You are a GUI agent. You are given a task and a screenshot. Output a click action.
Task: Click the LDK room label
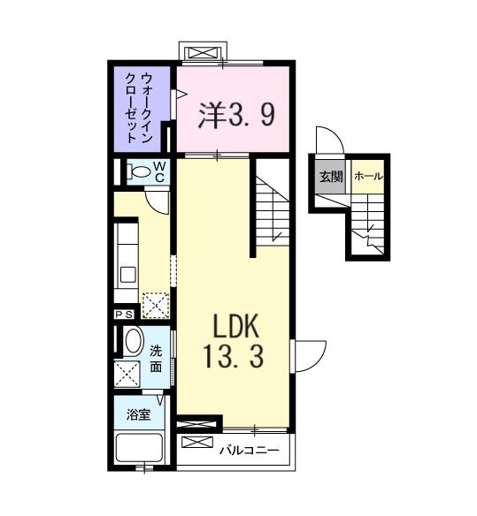[235, 326]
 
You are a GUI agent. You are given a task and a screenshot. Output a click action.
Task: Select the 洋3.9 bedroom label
[236, 115]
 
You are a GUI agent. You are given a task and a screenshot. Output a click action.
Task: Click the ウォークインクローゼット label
[138, 108]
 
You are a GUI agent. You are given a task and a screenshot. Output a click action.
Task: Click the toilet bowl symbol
[139, 171]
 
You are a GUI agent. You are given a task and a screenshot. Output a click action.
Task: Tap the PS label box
[124, 315]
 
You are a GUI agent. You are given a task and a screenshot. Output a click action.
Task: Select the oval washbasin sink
[134, 341]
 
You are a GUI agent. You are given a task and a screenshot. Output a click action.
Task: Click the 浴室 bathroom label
[138, 414]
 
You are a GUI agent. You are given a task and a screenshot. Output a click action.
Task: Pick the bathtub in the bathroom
[139, 448]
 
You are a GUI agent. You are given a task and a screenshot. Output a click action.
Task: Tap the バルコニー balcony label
[250, 450]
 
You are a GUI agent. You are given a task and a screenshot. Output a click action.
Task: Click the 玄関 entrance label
[331, 177]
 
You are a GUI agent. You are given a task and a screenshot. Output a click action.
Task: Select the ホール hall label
[369, 177]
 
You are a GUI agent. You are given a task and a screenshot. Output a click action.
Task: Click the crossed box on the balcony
[197, 442]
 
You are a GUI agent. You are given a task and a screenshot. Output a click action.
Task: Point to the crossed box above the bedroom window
[203, 53]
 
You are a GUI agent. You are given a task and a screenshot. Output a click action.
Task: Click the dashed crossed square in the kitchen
[156, 306]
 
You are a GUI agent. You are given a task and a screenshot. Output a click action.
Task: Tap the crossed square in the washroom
[127, 374]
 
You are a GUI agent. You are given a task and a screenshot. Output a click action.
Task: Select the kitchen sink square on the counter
[128, 275]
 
